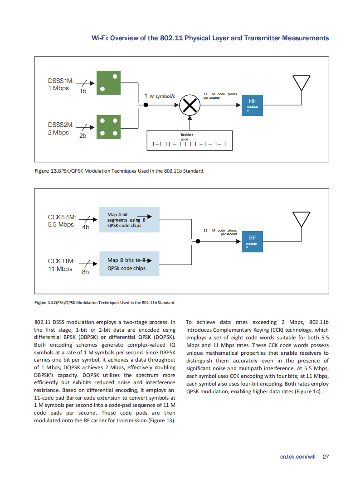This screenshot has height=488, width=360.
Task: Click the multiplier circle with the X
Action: point(190,105)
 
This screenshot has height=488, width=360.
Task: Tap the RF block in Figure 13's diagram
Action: point(252,105)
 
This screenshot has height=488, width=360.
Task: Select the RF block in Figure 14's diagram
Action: point(252,242)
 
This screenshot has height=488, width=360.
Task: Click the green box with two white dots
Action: point(108,82)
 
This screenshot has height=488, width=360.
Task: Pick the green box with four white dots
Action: point(108,127)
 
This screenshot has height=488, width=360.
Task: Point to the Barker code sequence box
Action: point(190,140)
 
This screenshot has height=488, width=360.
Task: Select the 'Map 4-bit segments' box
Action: point(129,220)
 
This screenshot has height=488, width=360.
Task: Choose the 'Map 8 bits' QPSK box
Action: point(129,264)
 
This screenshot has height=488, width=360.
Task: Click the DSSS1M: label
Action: point(61,81)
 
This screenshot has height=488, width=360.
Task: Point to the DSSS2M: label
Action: point(61,125)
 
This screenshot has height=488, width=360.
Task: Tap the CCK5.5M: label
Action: point(62,217)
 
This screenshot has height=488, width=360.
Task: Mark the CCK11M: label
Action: point(61,261)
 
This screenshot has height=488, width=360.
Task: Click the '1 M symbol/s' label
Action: point(160,96)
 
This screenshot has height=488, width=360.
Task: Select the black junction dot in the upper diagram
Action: point(146,105)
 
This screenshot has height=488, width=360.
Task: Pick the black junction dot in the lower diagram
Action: point(198,241)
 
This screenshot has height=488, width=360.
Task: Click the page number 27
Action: point(326,457)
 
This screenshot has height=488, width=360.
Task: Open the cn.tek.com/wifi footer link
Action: point(298,457)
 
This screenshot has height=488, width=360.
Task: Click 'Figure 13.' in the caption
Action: point(46,171)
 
